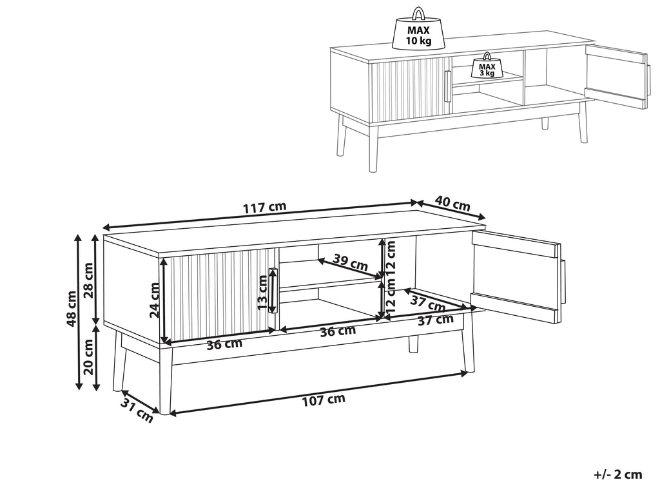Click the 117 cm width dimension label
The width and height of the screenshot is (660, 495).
click(264, 208)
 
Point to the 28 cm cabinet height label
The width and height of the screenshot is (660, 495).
click(89, 280)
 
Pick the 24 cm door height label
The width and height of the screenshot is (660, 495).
click(155, 300)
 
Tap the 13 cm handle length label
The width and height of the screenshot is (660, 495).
click(262, 293)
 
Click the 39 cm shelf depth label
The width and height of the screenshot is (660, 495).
click(350, 263)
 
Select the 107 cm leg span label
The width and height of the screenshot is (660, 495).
click(324, 400)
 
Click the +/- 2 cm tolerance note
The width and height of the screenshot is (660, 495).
click(618, 475)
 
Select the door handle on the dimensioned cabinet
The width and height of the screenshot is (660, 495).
click(273, 291)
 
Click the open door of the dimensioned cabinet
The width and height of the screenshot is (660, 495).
click(519, 276)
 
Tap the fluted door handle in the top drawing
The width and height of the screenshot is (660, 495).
click(447, 86)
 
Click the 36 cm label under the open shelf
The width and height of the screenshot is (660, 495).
click(338, 331)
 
